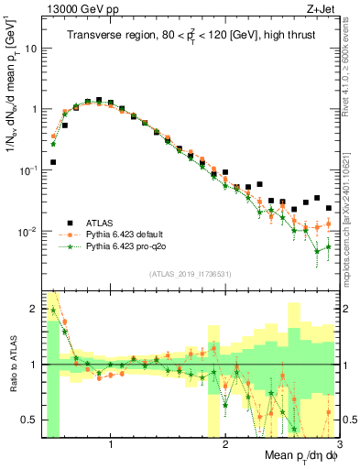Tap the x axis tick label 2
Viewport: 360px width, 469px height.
tap(225, 445)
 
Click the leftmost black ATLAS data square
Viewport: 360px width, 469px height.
tap(53, 162)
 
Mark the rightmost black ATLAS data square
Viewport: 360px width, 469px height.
tap(328, 208)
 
